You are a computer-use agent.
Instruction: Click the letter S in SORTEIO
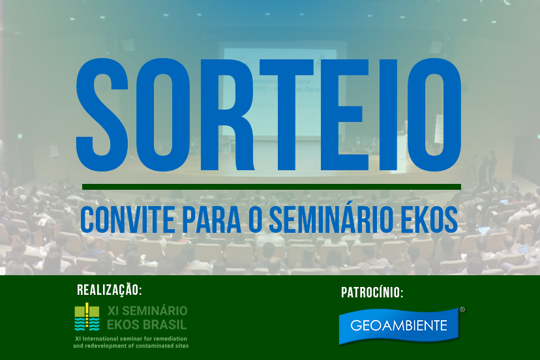pyautogui.click(x=102, y=115)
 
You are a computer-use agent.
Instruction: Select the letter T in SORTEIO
pyautogui.click(x=286, y=115)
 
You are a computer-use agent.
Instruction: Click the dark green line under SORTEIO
pyautogui.click(x=271, y=187)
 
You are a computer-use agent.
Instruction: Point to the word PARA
pyautogui.click(x=211, y=220)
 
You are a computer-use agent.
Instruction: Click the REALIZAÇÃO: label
pyautogui.click(x=110, y=290)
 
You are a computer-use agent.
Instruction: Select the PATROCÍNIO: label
pyautogui.click(x=372, y=292)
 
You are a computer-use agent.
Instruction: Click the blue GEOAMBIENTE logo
pyautogui.click(x=399, y=326)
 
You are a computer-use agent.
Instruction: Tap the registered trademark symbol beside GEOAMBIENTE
pyautogui.click(x=462, y=310)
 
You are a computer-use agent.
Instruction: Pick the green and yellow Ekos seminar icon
pyautogui.click(x=87, y=316)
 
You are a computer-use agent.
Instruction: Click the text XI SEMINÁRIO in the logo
pyautogui.click(x=147, y=310)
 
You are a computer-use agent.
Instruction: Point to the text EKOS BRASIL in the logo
pyautogui.click(x=147, y=325)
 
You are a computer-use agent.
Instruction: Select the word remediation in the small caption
pyautogui.click(x=170, y=338)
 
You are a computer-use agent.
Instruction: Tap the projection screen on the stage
pyautogui.click(x=280, y=92)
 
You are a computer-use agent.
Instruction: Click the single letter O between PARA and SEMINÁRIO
pyautogui.click(x=255, y=220)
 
